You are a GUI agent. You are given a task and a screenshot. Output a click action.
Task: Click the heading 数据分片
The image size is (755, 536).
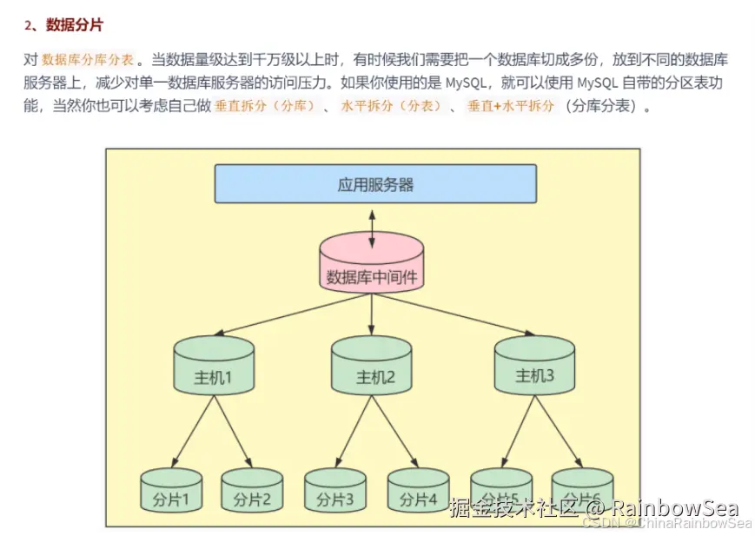pos(74,25)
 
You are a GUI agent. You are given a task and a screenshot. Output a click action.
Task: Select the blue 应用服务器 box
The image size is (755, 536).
pos(375,184)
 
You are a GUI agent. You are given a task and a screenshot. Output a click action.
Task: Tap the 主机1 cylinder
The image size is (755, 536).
pos(214,367)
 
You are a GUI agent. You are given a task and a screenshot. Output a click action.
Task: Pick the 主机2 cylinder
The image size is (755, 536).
pos(372,367)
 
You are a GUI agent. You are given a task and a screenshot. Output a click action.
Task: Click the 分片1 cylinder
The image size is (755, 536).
pos(172,493)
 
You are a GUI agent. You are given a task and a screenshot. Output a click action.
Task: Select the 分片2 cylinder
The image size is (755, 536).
pos(252,493)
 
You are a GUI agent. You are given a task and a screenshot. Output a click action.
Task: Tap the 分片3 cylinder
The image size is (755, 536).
pos(334,493)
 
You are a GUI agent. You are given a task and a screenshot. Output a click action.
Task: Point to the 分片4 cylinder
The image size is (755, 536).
pos(417,493)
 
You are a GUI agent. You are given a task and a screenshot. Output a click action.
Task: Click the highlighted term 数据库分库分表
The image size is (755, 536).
pos(88,60)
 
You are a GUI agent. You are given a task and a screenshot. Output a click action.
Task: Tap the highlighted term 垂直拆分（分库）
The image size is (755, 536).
pos(265,107)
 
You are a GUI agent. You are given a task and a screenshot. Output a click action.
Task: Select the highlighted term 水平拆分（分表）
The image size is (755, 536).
pos(391,107)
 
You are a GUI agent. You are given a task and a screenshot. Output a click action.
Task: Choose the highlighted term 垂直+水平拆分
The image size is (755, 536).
pos(510,107)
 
